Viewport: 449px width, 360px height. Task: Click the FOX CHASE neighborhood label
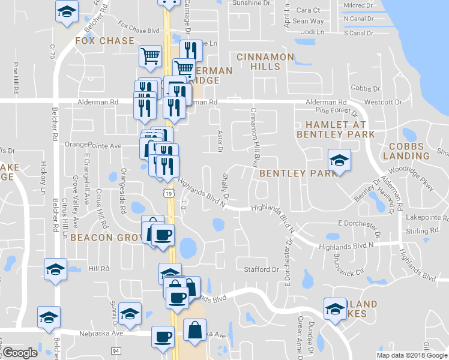tap(104, 41)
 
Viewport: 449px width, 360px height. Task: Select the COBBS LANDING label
tap(409, 151)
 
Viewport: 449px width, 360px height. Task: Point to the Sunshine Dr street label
tap(252, 3)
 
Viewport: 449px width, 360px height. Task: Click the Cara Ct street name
tap(308, 10)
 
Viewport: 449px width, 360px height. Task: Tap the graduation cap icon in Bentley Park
tap(339, 161)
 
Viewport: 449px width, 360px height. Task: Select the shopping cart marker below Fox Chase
tap(150, 56)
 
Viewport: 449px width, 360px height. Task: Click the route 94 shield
tap(116, 350)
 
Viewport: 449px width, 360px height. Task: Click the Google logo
tap(19, 353)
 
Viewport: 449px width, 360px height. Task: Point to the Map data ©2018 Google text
tap(411, 355)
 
